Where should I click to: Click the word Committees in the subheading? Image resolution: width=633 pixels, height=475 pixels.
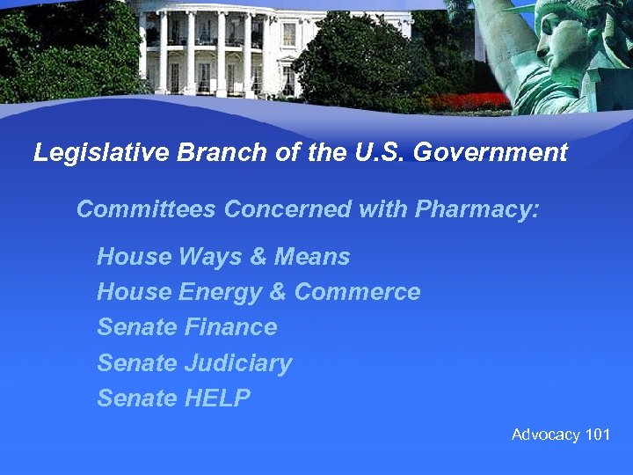pyautogui.click(x=146, y=209)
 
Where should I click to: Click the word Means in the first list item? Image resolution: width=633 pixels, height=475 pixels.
pyautogui.click(x=312, y=257)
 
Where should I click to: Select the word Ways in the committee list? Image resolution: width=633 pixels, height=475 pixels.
pyautogui.click(x=211, y=257)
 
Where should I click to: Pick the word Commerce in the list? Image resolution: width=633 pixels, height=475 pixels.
pyautogui.click(x=357, y=292)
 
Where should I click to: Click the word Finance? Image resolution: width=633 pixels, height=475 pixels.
pyautogui.click(x=231, y=327)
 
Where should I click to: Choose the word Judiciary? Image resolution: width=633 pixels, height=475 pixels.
pyautogui.click(x=238, y=362)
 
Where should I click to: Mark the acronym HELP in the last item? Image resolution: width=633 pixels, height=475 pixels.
pyautogui.click(x=217, y=398)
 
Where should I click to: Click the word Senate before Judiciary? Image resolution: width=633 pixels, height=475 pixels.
pyautogui.click(x=137, y=362)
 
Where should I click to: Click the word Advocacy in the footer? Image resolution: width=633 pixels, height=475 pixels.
pyautogui.click(x=546, y=435)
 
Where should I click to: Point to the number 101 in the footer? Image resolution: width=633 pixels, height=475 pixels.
pyautogui.click(x=597, y=435)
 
